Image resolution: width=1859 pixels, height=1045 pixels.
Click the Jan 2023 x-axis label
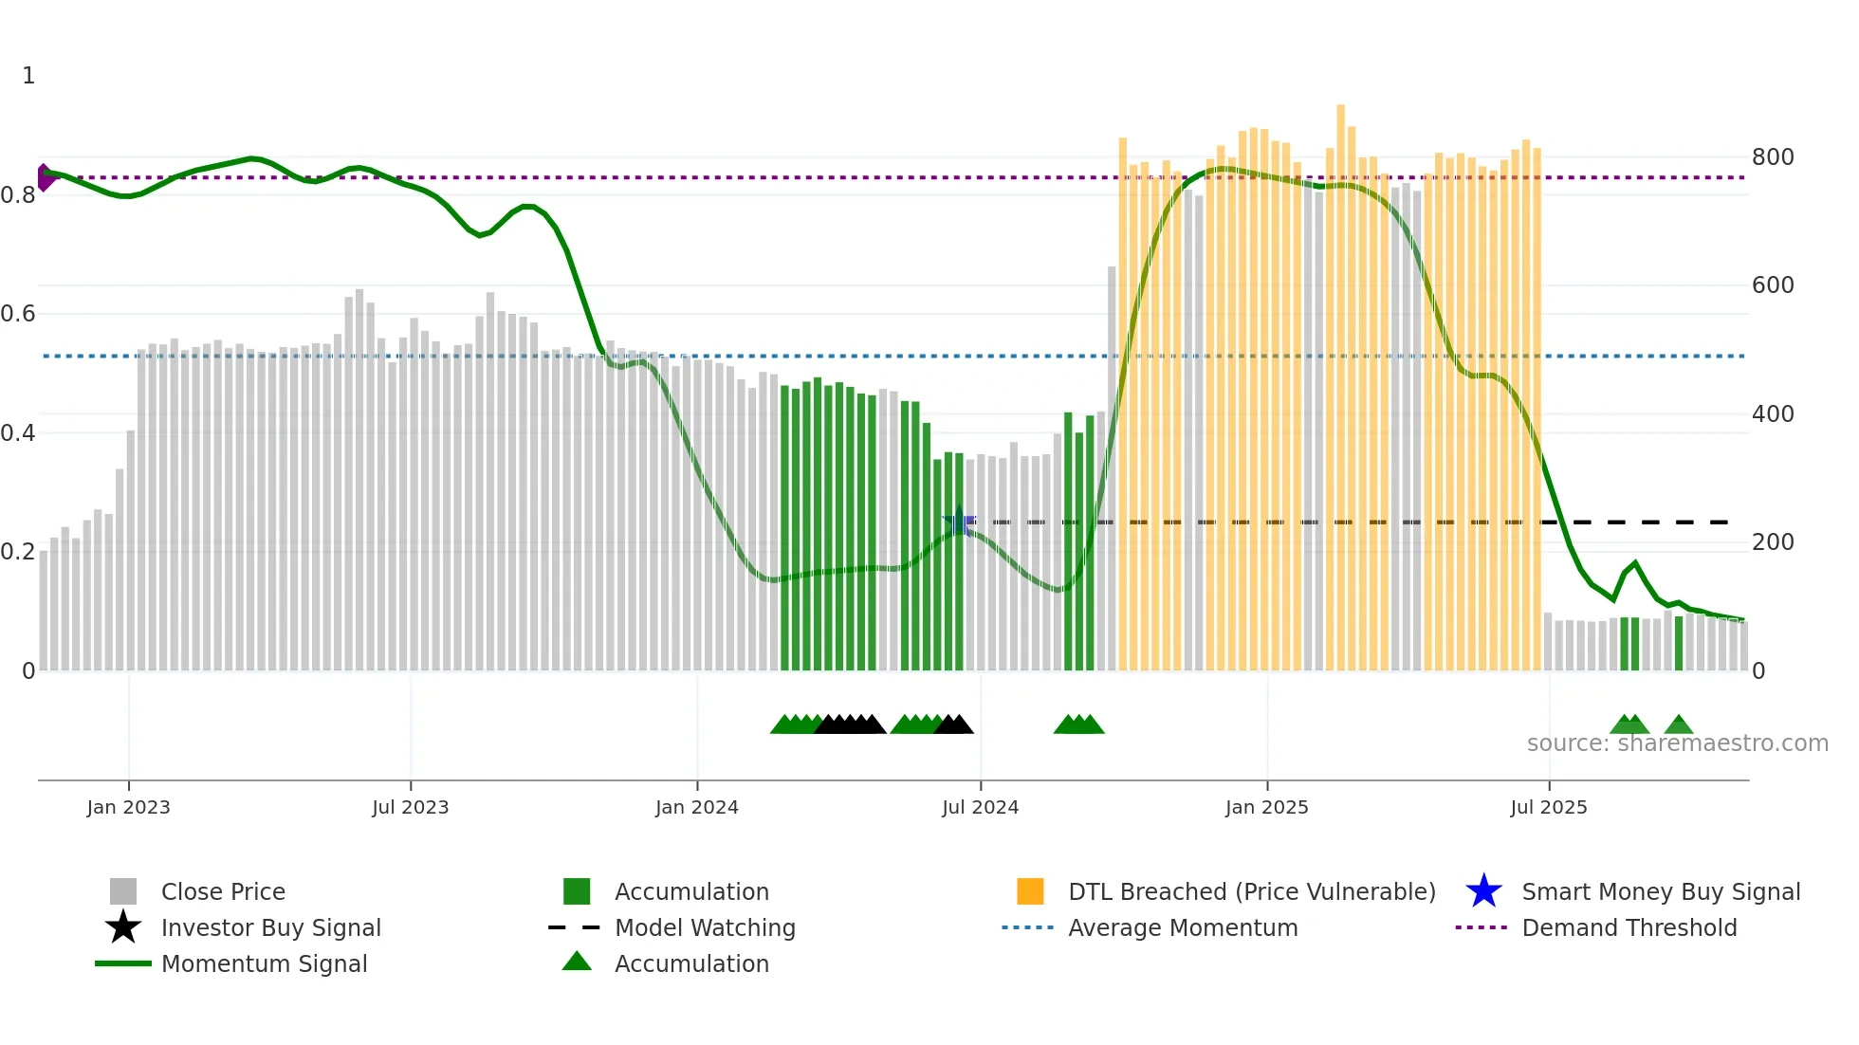[128, 807]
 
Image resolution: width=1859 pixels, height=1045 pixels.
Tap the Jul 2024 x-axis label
[980, 807]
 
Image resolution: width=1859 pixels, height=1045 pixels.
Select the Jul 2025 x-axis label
[1548, 807]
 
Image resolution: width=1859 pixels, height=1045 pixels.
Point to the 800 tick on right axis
[1773, 157]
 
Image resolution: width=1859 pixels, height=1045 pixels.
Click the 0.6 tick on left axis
[18, 314]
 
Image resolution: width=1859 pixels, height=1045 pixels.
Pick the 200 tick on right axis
[1773, 542]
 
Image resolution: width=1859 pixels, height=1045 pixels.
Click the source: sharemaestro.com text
[1677, 743]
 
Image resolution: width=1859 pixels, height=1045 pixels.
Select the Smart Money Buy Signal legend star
[1483, 891]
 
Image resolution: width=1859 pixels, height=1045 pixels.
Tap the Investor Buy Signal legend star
[123, 927]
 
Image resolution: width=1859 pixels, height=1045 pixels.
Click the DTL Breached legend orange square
[1030, 891]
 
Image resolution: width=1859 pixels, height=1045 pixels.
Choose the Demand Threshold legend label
[1629, 927]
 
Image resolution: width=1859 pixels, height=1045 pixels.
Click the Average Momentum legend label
[1182, 927]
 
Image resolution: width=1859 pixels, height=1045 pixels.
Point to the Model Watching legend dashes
[575, 927]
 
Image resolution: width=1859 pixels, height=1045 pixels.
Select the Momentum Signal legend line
[123, 963]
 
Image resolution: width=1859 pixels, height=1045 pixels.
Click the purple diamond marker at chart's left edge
[45, 177]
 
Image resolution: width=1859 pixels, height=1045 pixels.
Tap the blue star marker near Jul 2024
[959, 521]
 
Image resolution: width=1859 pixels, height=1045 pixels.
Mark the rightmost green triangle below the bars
[1678, 725]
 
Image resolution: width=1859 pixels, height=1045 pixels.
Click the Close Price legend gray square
[123, 891]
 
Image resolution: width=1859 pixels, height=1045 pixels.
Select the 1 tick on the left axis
[28, 76]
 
